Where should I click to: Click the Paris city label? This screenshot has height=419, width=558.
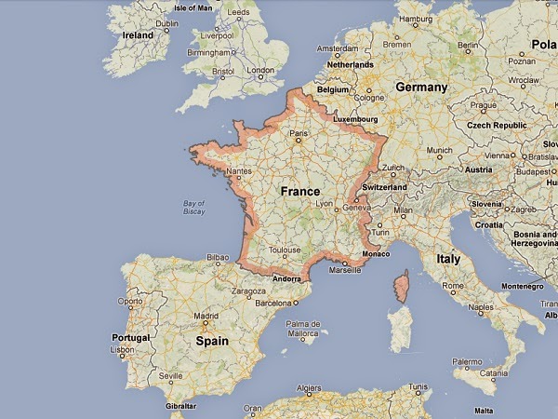(x=299, y=134)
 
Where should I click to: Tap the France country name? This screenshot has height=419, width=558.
(x=299, y=191)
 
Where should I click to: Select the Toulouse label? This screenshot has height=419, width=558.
(x=285, y=250)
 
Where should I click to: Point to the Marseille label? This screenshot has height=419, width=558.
(x=345, y=270)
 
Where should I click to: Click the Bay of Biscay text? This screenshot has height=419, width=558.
(x=193, y=206)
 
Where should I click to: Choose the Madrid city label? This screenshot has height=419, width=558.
(x=206, y=316)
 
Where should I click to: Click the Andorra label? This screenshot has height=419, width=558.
(x=286, y=277)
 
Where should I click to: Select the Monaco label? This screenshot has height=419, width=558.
(x=377, y=253)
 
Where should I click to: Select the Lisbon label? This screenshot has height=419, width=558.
(x=122, y=351)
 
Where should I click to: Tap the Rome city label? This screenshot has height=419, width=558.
(x=454, y=286)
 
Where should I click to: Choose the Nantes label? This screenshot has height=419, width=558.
(x=238, y=172)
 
